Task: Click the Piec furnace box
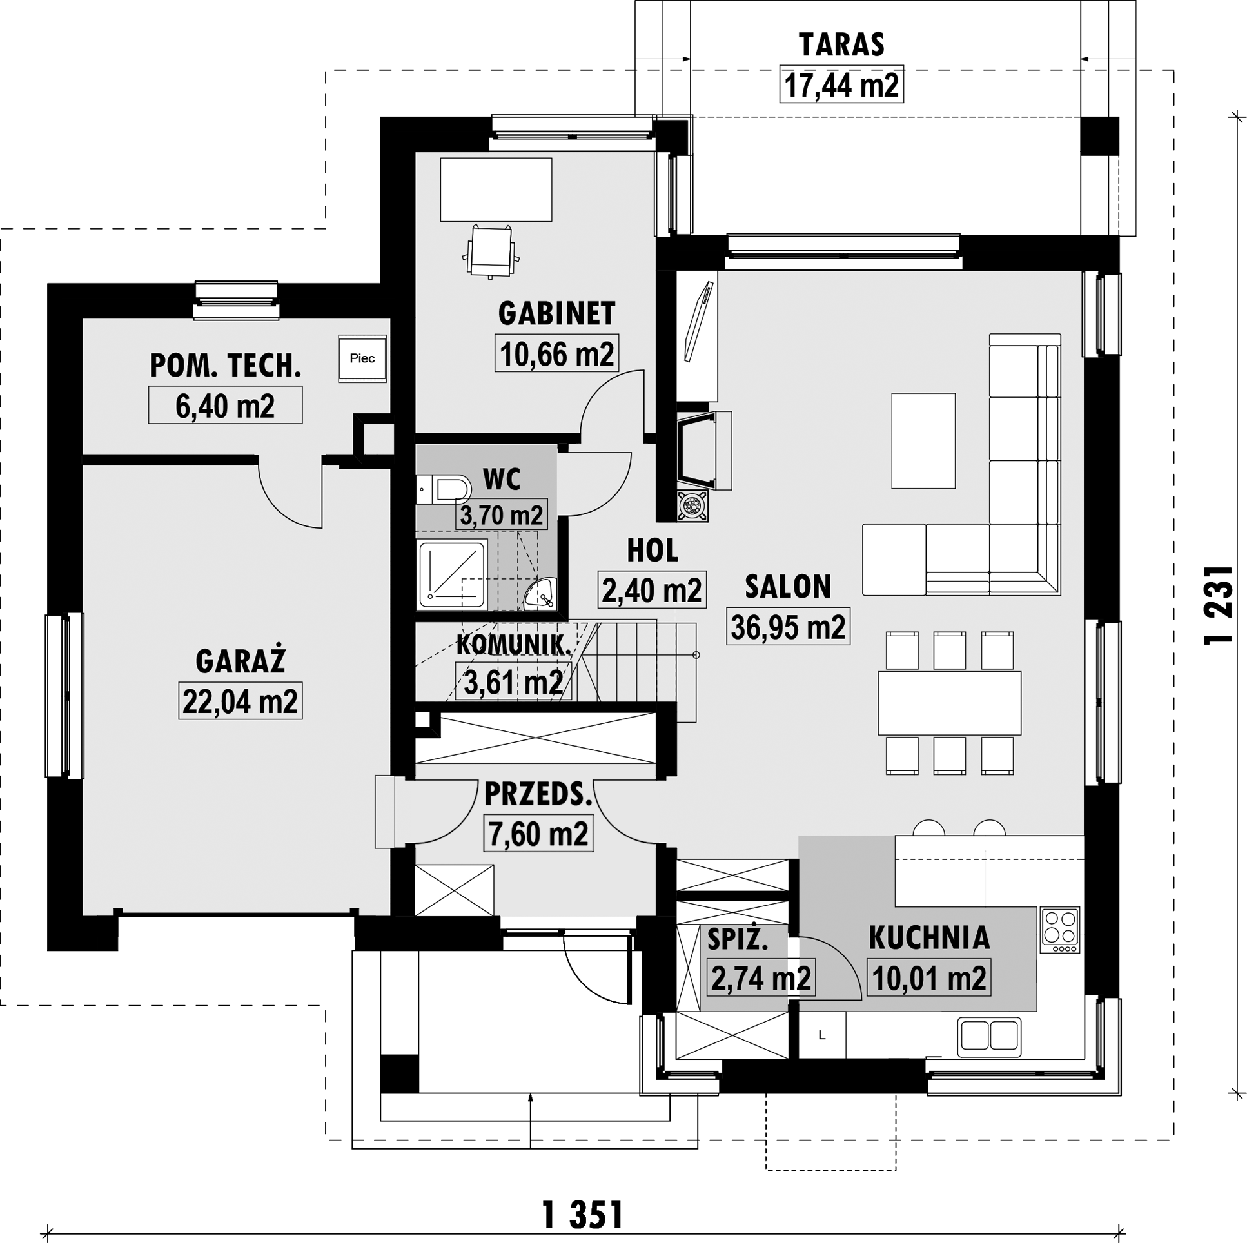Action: [x=363, y=358]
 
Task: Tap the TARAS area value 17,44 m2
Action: [x=841, y=84]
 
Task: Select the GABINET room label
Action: [x=556, y=314]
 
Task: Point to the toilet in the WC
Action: [x=444, y=490]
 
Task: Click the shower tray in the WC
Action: [x=453, y=575]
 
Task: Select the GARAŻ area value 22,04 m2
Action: [x=240, y=701]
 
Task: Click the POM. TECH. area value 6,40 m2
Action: [x=225, y=406]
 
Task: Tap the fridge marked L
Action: [x=822, y=1035]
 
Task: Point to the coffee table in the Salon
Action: [x=923, y=441]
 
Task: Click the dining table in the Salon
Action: [x=950, y=703]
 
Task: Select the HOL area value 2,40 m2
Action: [x=652, y=590]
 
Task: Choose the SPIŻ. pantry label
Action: [x=738, y=940]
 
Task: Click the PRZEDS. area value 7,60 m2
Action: [x=538, y=834]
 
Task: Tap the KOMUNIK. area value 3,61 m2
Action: [x=513, y=682]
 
